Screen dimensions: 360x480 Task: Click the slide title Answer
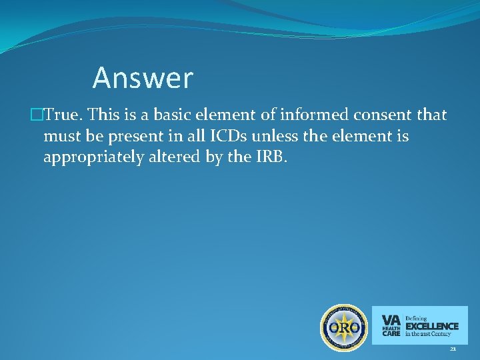click(x=143, y=78)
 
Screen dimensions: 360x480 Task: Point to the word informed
click(x=311, y=115)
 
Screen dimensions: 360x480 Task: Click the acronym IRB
click(x=269, y=158)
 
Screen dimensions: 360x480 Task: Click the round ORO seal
click(x=344, y=327)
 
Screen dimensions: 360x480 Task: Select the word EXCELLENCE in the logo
click(x=432, y=326)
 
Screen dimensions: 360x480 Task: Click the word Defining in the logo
click(x=417, y=318)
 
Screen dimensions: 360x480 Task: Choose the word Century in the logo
click(x=440, y=333)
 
